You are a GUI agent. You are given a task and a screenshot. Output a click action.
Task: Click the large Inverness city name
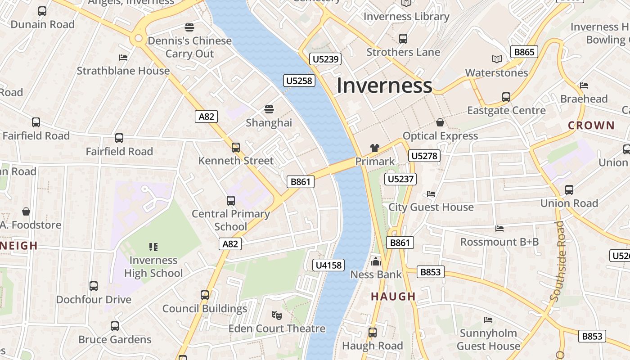384,85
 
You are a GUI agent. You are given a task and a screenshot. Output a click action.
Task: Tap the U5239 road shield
326,59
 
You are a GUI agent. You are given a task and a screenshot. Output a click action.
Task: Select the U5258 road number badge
299,81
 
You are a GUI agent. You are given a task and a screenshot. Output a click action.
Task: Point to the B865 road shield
524,52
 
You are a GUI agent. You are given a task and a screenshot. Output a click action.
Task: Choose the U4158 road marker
328,265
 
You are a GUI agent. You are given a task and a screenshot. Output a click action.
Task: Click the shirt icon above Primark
374,148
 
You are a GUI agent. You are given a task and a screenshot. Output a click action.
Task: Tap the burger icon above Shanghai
269,109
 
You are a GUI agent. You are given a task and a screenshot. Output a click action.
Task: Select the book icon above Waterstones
496,59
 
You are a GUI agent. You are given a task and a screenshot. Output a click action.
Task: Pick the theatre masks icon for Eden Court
276,315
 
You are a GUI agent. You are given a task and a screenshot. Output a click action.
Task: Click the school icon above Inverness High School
153,247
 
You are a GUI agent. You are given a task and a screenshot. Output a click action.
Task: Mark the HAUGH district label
393,297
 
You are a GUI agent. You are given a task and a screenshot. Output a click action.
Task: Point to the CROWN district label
591,126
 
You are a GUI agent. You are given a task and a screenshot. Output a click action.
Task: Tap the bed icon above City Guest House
431,194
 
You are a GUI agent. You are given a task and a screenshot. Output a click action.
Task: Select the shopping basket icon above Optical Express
440,122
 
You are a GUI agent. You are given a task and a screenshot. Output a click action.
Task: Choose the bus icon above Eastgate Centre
506,97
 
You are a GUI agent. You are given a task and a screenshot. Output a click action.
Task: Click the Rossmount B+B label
499,242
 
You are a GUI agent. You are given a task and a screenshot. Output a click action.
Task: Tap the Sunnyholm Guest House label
488,340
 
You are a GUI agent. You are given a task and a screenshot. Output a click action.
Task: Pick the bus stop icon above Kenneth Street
235,147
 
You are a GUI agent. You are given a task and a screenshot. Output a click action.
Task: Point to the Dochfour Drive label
94,300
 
